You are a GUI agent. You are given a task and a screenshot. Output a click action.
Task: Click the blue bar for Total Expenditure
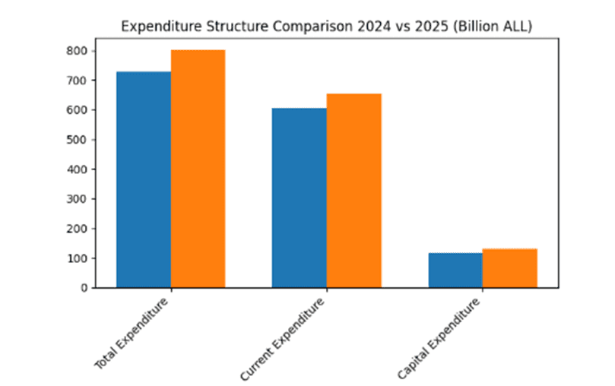tap(143, 179)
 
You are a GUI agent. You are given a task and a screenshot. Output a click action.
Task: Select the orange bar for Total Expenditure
tap(198, 169)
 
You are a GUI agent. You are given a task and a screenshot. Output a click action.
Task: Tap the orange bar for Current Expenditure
tap(353, 191)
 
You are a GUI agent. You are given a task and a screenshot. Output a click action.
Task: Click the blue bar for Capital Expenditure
tap(455, 270)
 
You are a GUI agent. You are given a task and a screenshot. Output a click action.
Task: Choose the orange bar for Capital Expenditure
tap(509, 268)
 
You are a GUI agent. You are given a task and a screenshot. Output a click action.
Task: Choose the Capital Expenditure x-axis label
tap(440, 337)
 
